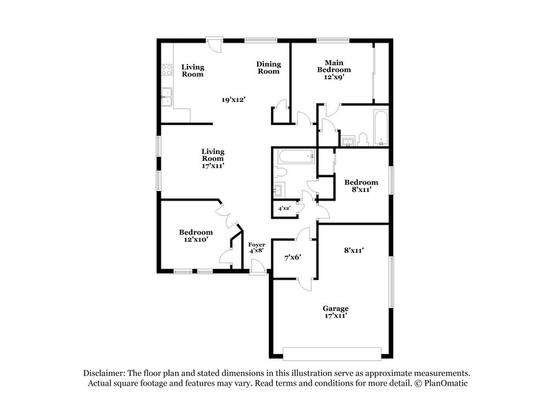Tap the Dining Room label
point(268,67)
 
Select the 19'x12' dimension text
point(234,100)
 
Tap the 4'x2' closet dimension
point(283,208)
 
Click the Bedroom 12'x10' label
point(196,236)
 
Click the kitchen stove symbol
point(166,69)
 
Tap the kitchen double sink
point(166,98)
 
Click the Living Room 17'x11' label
point(213,158)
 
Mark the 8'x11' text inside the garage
point(353,251)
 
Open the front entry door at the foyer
point(257,269)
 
